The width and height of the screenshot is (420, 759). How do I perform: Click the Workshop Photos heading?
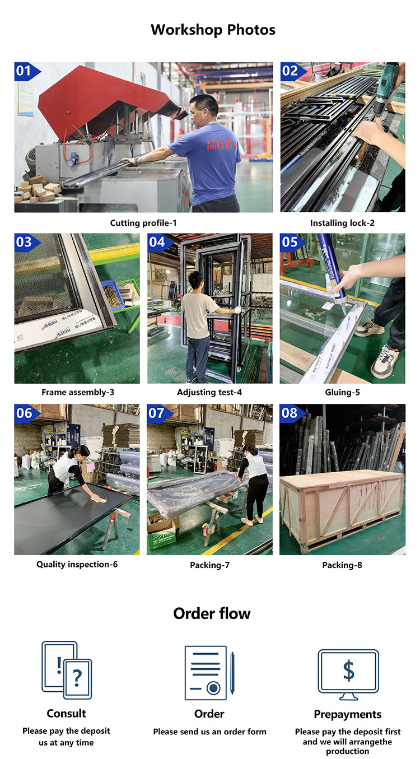(x=213, y=30)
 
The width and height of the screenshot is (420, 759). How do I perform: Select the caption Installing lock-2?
(x=342, y=223)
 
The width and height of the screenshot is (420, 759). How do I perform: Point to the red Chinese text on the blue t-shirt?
(x=222, y=144)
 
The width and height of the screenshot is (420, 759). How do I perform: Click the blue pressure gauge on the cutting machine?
(x=70, y=162)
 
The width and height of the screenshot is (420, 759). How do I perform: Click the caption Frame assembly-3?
(x=78, y=392)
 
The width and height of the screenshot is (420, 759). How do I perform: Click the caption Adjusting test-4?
(x=209, y=392)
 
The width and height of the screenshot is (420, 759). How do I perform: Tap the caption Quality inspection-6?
(x=77, y=564)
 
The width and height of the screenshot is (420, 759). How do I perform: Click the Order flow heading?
(x=212, y=613)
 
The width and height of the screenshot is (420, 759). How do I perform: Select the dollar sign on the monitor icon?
(x=348, y=670)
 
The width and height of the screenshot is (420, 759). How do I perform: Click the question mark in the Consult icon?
(x=77, y=678)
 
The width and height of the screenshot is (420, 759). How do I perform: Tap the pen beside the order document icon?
(x=232, y=673)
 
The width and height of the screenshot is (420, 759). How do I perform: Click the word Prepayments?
(x=348, y=714)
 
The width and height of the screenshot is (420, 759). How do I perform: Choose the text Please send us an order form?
(x=209, y=732)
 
